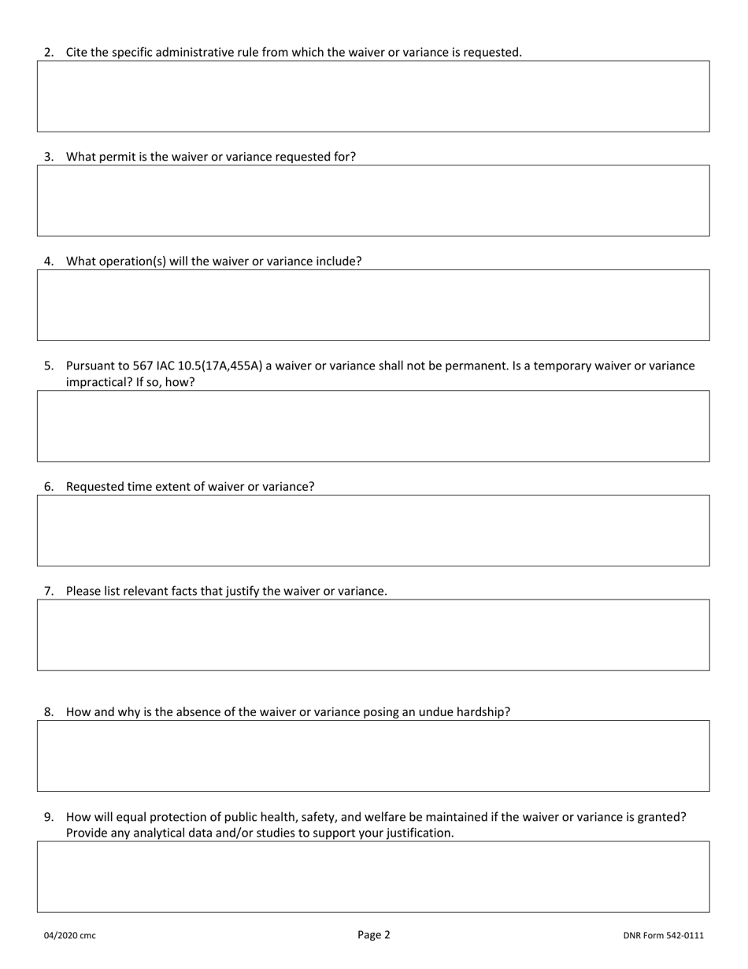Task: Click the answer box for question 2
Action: (373, 96)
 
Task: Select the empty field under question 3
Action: (373, 201)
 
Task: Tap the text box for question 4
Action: (373, 305)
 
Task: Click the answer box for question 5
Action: (373, 426)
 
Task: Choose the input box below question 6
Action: (373, 530)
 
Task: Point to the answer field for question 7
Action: (373, 635)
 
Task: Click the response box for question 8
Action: (373, 756)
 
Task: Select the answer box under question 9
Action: (373, 877)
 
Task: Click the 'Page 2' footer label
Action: (373, 935)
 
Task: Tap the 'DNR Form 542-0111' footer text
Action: (663, 936)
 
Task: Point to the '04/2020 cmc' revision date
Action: (69, 936)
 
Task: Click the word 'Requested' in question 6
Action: (94, 487)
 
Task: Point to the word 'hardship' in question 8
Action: (483, 712)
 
